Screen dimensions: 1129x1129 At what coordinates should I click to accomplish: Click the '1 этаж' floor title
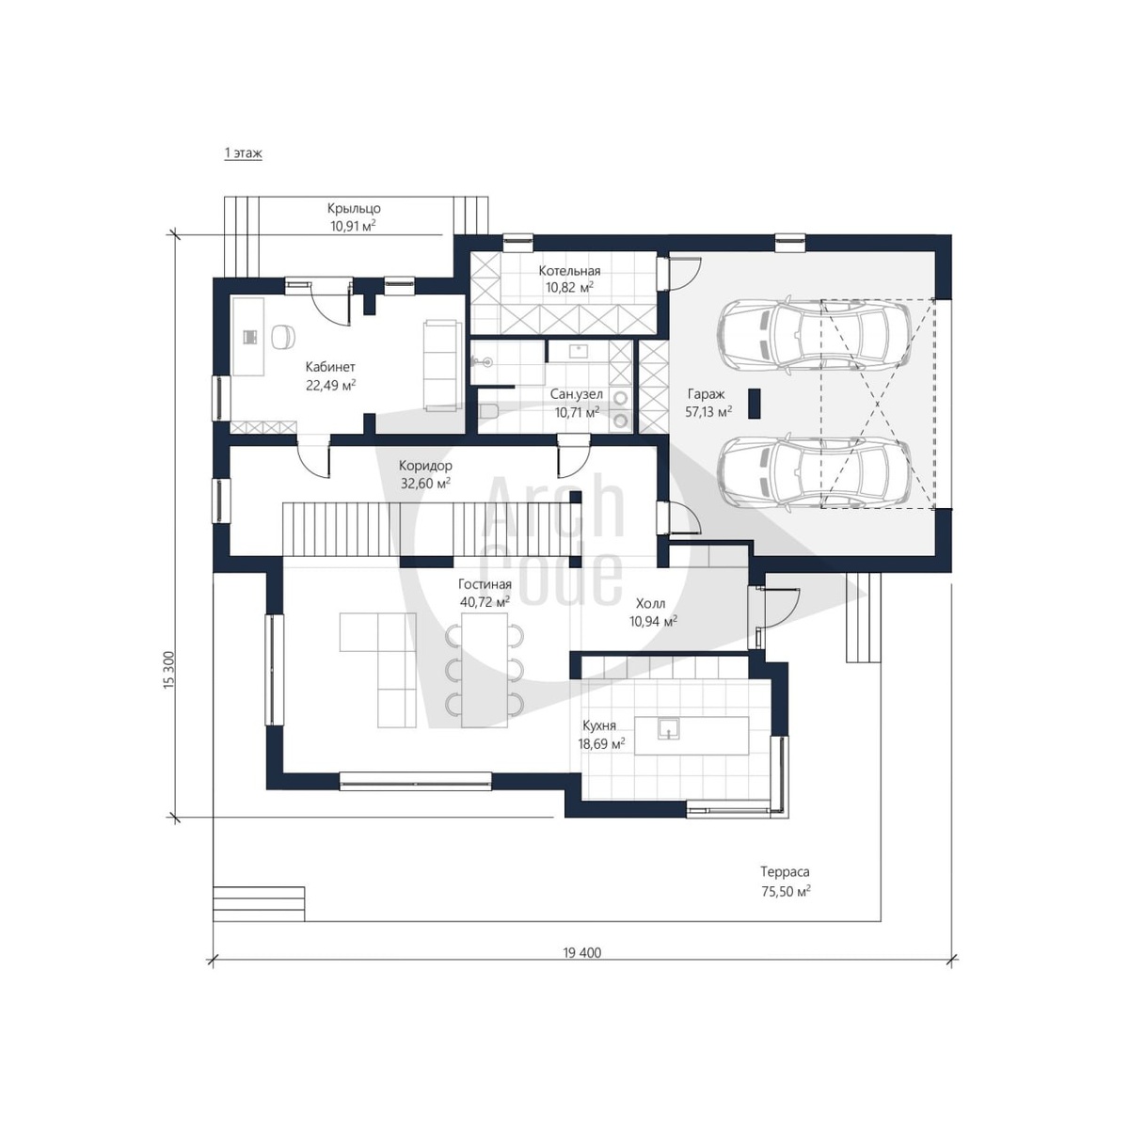click(x=243, y=153)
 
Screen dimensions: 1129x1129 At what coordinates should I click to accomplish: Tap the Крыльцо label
click(x=354, y=208)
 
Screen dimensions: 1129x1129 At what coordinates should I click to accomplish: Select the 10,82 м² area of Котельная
click(x=569, y=287)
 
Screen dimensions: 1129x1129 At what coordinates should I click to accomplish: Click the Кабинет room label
click(x=330, y=367)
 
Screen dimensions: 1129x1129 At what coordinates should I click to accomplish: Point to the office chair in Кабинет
click(x=283, y=337)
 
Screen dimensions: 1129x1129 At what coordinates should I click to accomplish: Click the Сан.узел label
click(x=576, y=395)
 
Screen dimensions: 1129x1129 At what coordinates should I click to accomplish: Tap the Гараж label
click(x=706, y=394)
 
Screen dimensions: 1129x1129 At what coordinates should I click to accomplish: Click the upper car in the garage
click(x=815, y=338)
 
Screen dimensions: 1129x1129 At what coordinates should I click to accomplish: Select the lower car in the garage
click(x=815, y=473)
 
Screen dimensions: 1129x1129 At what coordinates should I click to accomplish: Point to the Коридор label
click(x=425, y=466)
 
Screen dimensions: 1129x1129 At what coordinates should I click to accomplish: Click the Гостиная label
click(x=485, y=584)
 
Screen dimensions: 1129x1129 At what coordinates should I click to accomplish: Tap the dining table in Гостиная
click(x=484, y=670)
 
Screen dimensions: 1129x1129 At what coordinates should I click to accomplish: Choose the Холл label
click(x=650, y=603)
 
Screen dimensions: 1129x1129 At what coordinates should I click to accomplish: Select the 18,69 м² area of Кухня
click(x=601, y=744)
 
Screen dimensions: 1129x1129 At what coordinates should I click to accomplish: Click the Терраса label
click(x=785, y=872)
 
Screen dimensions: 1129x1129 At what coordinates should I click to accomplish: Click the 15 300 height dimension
click(x=168, y=670)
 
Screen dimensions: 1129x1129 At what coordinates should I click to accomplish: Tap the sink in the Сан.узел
click(x=579, y=350)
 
